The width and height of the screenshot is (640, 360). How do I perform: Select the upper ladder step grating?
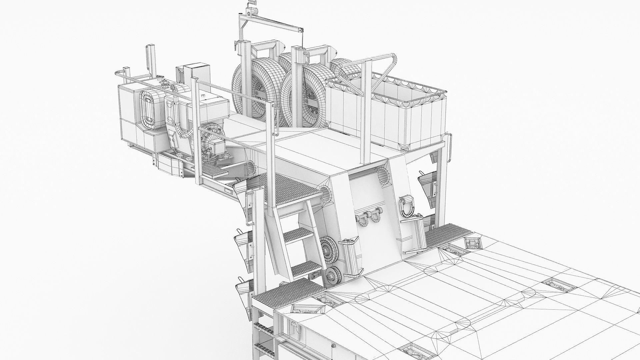tap(298, 235)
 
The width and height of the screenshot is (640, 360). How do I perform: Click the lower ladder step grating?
tap(305, 268)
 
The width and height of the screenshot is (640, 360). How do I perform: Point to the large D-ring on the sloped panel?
tap(407, 205)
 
